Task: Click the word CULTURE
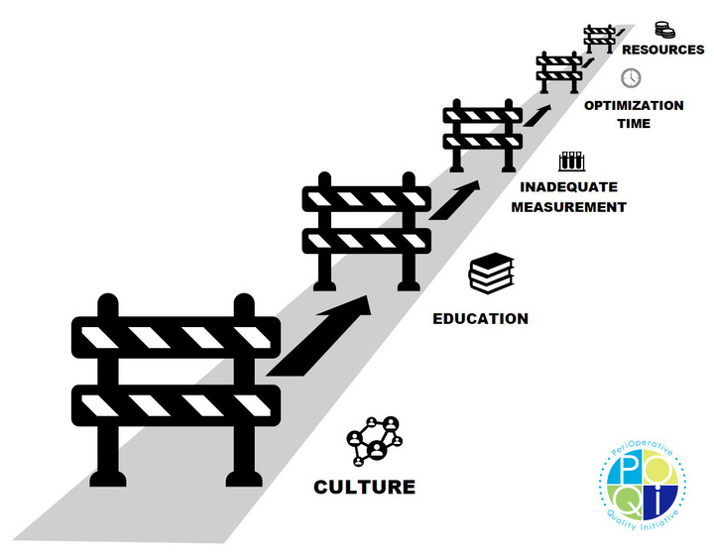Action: (x=364, y=487)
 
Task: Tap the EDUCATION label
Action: (x=480, y=319)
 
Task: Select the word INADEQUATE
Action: (x=568, y=187)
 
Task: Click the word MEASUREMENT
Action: (x=573, y=207)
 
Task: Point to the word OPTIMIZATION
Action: (x=633, y=105)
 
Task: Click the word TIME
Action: (x=633, y=124)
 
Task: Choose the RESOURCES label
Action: (x=663, y=50)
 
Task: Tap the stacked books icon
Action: (x=491, y=274)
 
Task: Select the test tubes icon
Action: (x=570, y=160)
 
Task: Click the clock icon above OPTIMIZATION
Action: (x=631, y=78)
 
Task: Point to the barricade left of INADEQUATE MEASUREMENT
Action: (x=481, y=132)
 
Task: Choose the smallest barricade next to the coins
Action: (x=600, y=38)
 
